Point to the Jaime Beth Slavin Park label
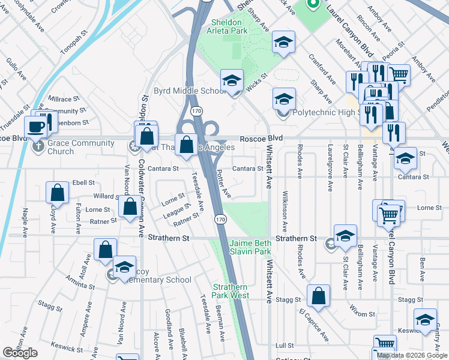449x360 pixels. pyautogui.click(x=250, y=248)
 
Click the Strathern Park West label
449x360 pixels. pyautogui.click(x=231, y=291)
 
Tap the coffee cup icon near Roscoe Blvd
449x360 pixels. pyautogui.click(x=35, y=127)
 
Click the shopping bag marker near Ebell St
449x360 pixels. pyautogui.click(x=57, y=193)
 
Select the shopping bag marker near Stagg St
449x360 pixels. pyautogui.click(x=318, y=295)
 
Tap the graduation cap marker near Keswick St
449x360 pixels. pyautogui.click(x=425, y=320)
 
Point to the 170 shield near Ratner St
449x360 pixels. pyautogui.click(x=221, y=220)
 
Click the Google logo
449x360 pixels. pyautogui.click(x=20, y=353)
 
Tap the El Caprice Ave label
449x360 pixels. pyautogui.click(x=314, y=324)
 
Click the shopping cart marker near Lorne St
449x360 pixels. pyautogui.click(x=390, y=214)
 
